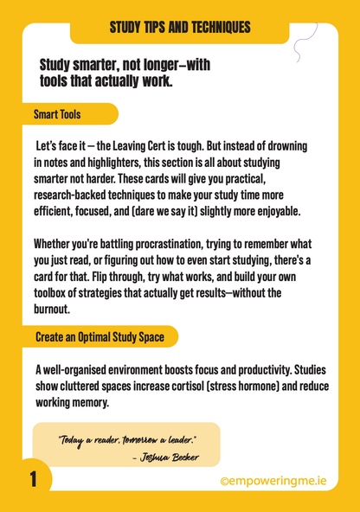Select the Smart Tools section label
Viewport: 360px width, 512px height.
[57, 114]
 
